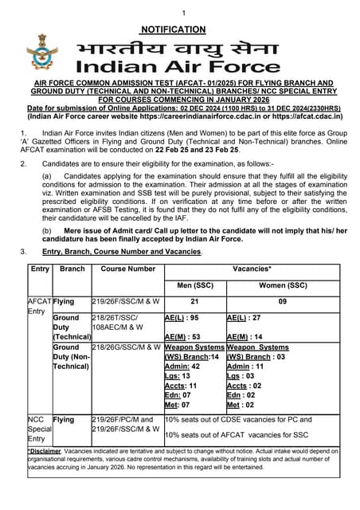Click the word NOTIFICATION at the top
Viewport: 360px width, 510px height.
(x=179, y=29)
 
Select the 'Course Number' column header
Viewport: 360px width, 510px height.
(x=127, y=269)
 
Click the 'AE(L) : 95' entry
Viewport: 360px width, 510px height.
(x=182, y=317)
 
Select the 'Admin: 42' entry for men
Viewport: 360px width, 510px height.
(x=182, y=367)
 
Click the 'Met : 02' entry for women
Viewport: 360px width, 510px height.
(x=241, y=405)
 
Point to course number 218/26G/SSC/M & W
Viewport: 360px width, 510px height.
(x=127, y=347)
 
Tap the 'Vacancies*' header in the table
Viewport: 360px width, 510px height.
(x=248, y=269)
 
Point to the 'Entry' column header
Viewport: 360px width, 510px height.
(x=40, y=269)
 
